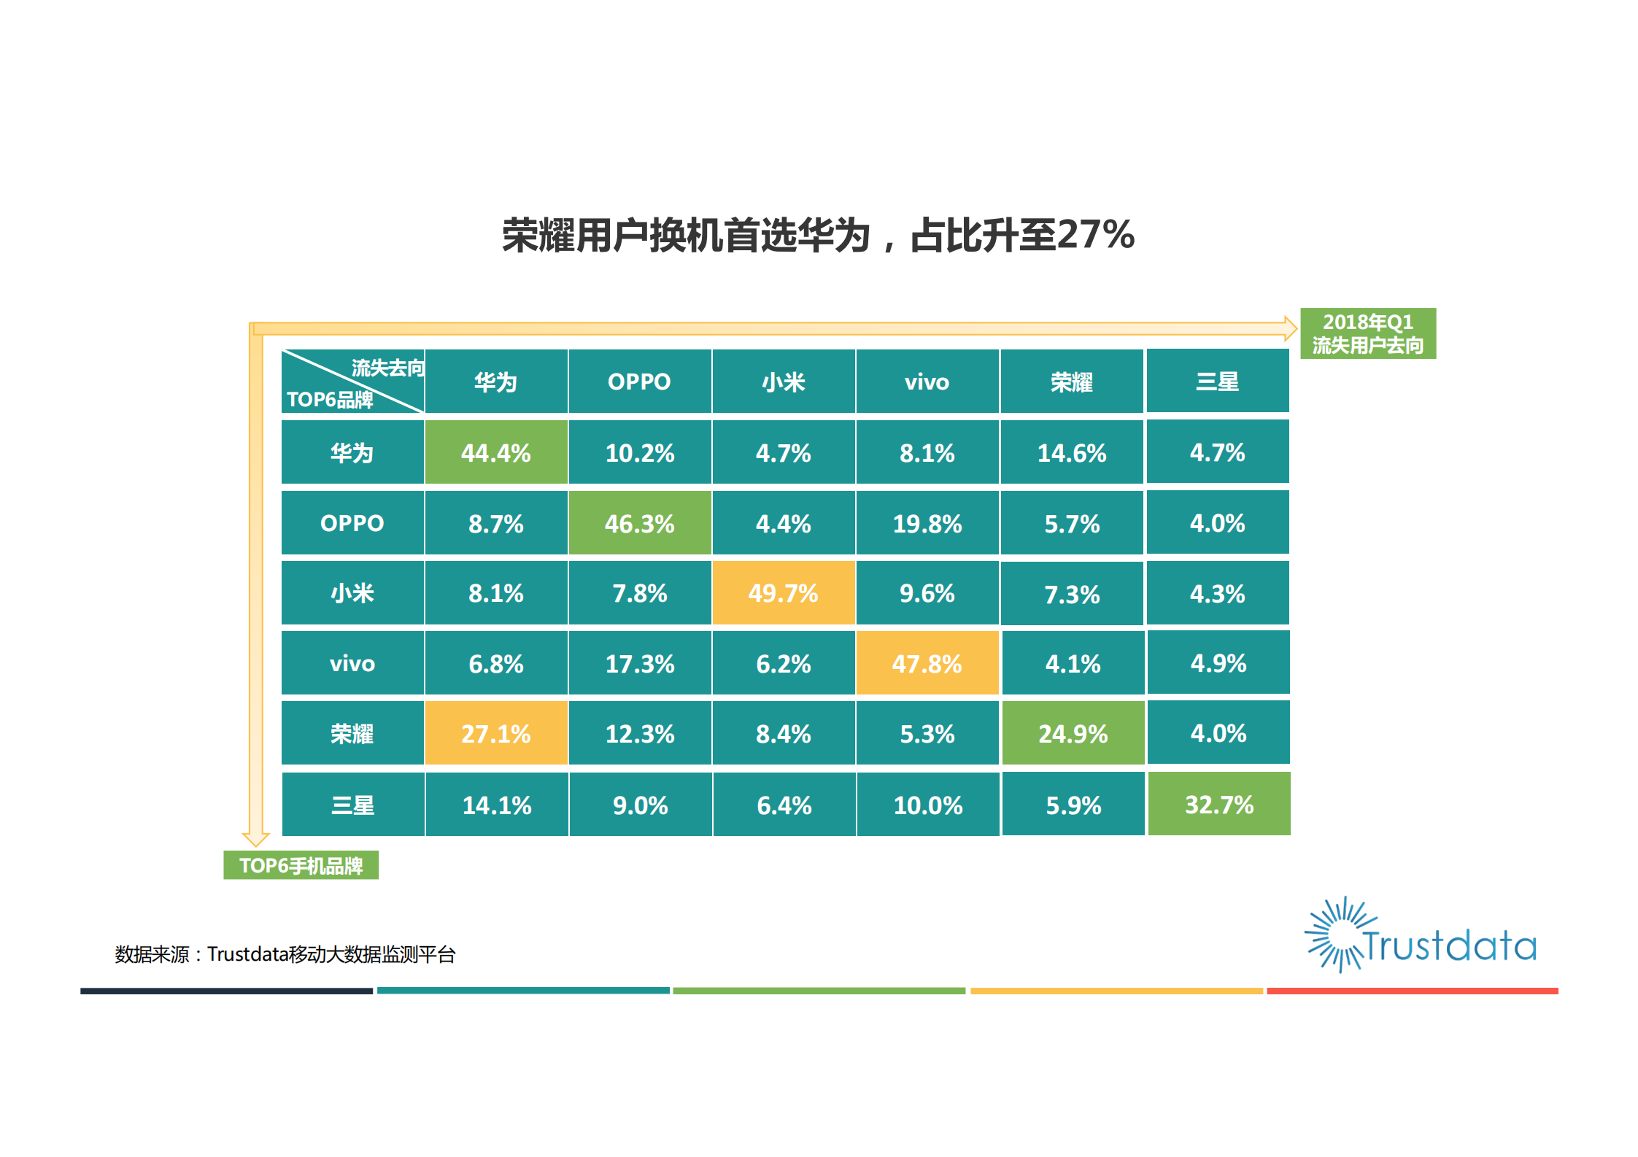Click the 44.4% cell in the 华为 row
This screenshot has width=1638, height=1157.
tap(495, 452)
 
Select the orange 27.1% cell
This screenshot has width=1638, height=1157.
tap(495, 733)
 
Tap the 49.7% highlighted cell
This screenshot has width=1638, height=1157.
tap(783, 593)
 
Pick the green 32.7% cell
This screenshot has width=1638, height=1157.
tap(1218, 804)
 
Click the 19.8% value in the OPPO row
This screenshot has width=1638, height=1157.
tap(927, 523)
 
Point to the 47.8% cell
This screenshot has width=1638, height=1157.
tap(927, 663)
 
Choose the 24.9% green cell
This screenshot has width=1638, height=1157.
tap(1073, 733)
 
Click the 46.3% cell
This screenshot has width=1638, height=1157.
tap(639, 523)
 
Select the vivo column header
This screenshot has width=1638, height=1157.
tap(927, 382)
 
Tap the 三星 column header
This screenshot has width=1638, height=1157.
tap(1217, 382)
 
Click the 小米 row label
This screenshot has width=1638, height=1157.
tap(352, 593)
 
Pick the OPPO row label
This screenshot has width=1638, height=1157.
tap(352, 523)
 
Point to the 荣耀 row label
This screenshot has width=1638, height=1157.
tap(352, 733)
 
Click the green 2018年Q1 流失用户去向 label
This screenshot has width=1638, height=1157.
tap(1367, 333)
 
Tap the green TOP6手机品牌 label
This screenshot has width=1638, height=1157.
tap(301, 865)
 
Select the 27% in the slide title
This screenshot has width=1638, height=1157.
tap(1094, 235)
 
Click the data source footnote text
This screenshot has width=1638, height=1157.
tap(285, 954)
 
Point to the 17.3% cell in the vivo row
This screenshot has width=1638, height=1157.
tap(639, 663)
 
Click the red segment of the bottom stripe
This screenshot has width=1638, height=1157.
tap(1412, 991)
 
